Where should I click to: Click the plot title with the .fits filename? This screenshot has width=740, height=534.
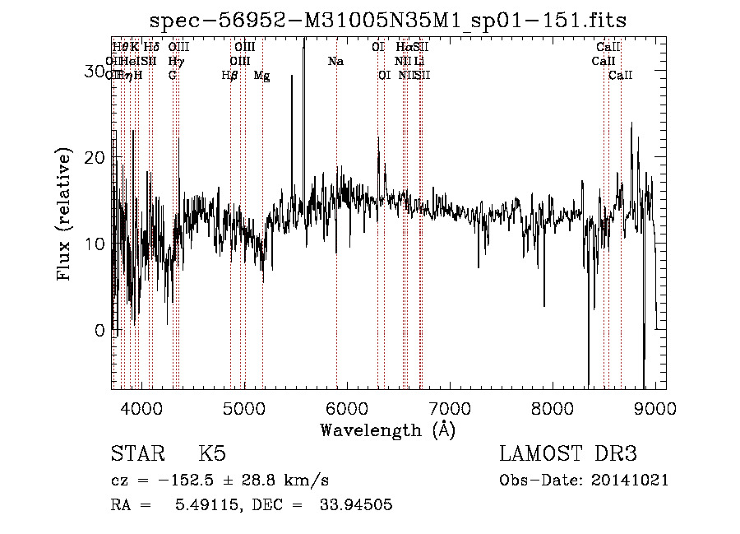[x=395, y=21]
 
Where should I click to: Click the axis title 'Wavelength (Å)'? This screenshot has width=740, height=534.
[x=387, y=430]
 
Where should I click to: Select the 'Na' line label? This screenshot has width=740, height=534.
[x=335, y=62]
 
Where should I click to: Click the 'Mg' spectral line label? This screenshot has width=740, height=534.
[x=261, y=76]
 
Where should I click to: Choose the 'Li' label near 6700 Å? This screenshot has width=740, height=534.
[x=419, y=62]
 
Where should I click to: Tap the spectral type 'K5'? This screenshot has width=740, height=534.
[x=212, y=454]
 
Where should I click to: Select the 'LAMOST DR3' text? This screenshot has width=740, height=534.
[x=567, y=454]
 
